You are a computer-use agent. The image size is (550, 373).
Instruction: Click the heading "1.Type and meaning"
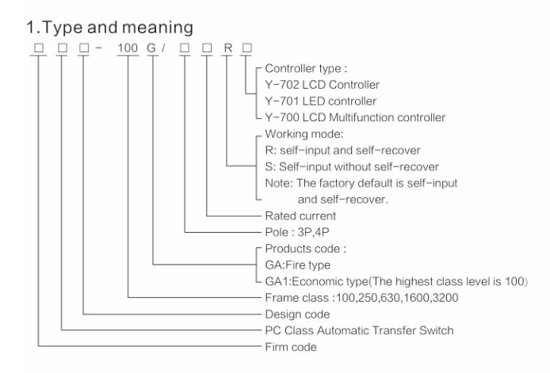(x=100, y=29)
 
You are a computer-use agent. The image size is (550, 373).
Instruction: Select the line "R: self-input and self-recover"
(x=334, y=150)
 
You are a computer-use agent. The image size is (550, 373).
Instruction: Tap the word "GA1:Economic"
(x=300, y=282)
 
